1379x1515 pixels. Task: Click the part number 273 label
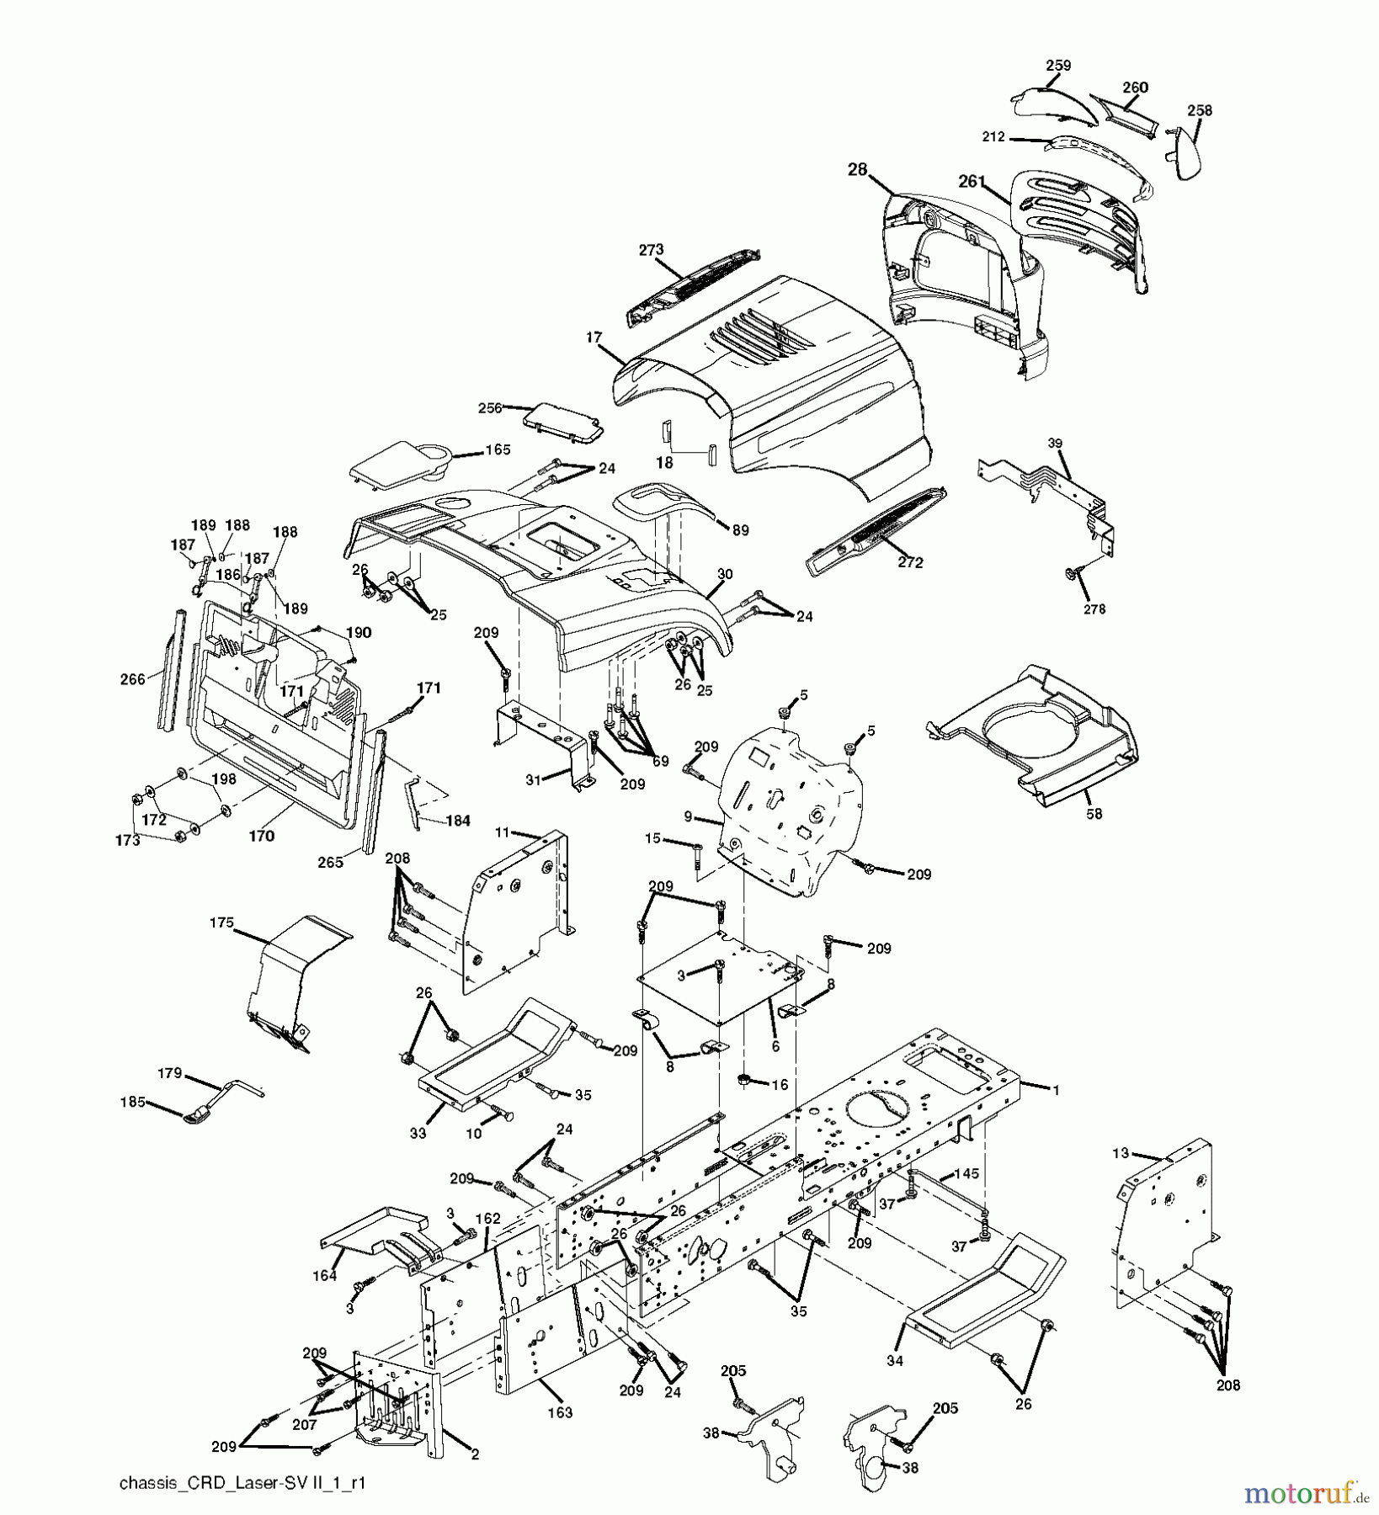(x=651, y=249)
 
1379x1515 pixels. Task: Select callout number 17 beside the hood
(x=594, y=338)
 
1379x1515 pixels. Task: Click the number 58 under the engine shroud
(x=1094, y=814)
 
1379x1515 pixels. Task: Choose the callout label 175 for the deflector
(x=222, y=922)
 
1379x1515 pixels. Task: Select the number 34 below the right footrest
(x=894, y=1360)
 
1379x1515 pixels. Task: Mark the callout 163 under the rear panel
(x=561, y=1412)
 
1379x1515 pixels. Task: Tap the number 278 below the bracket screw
(x=1095, y=609)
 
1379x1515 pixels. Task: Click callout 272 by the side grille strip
(x=910, y=562)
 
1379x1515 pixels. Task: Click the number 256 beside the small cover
(x=490, y=407)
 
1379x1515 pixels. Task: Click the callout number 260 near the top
(x=1135, y=88)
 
